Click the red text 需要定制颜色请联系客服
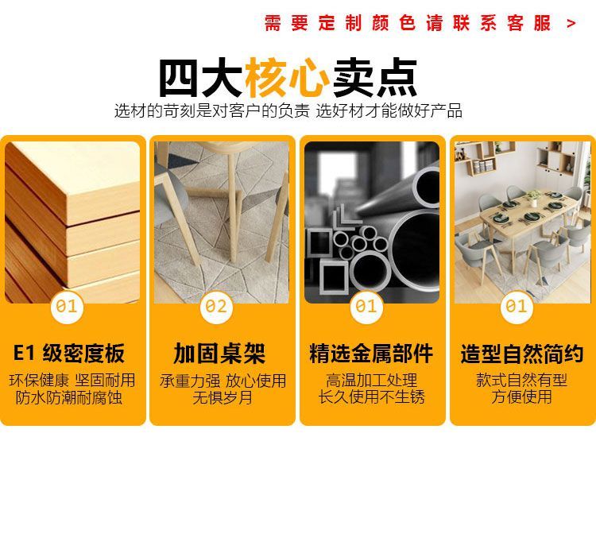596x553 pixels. point(408,23)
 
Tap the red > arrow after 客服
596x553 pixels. point(571,24)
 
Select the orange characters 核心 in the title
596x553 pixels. point(287,78)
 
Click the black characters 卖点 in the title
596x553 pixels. point(375,78)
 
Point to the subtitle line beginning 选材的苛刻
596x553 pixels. point(288,110)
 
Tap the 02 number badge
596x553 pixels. point(216,307)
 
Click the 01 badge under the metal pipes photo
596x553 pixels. point(366,307)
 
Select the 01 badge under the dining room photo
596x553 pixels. point(517,307)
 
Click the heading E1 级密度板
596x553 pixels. point(69,353)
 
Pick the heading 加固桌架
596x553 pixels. point(219,354)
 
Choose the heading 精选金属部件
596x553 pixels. point(371,354)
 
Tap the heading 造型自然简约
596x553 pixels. point(522,354)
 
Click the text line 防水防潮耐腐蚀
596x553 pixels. point(69,397)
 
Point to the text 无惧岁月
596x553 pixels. point(223,397)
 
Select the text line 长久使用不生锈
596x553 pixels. point(371,396)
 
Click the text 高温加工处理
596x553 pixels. point(371,380)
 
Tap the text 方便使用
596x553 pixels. point(521,396)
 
